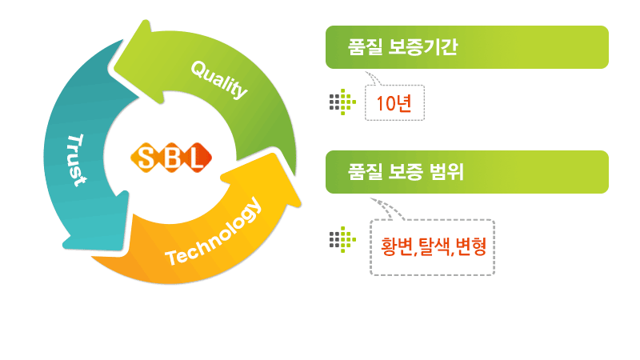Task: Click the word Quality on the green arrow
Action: [x=219, y=80]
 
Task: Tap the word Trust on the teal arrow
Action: [x=77, y=160]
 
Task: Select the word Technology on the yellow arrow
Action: [x=213, y=232]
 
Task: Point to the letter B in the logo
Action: [x=172, y=158]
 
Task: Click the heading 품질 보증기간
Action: [x=402, y=47]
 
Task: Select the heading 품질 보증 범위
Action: [x=406, y=172]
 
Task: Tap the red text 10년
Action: [x=394, y=103]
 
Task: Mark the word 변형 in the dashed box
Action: [x=471, y=246]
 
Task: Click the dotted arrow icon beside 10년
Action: [x=342, y=102]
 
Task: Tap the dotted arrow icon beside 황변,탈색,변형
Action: [x=342, y=239]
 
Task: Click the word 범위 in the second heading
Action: [x=447, y=172]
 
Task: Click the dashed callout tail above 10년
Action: [x=373, y=78]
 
